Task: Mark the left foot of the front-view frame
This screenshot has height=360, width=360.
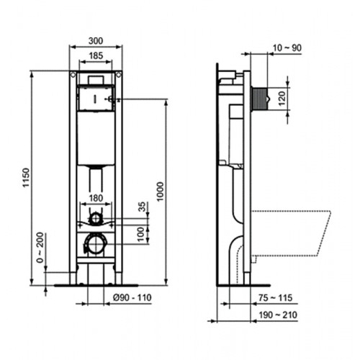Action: click(73, 276)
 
